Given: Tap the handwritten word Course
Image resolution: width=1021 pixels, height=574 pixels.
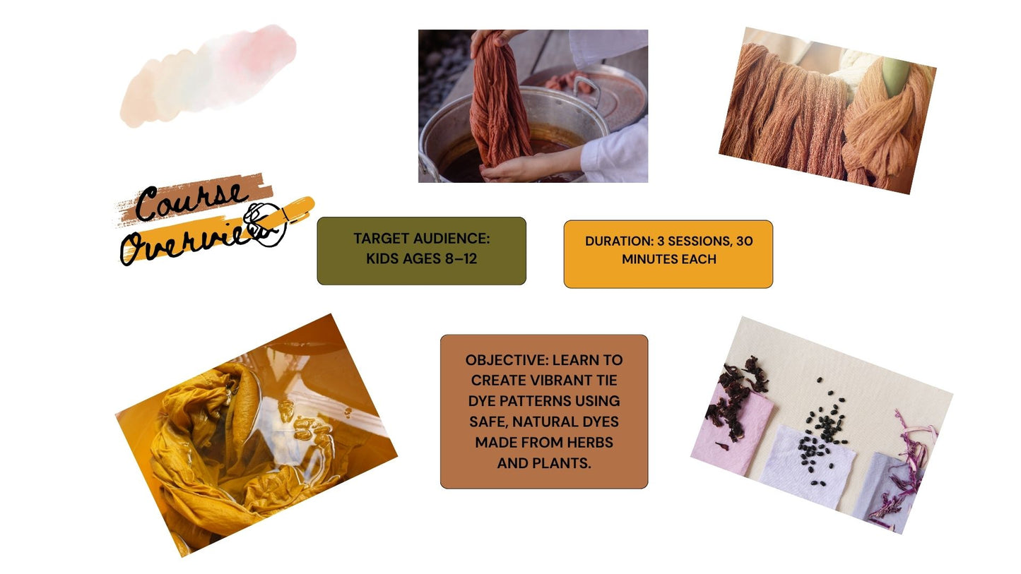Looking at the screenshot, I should coord(191,201).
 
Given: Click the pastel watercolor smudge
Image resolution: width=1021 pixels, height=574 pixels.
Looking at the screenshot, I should coord(208,76).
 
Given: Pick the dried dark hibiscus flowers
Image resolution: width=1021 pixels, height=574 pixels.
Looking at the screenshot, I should coord(738,392).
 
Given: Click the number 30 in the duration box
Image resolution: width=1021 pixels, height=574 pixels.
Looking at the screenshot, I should coord(744,241).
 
